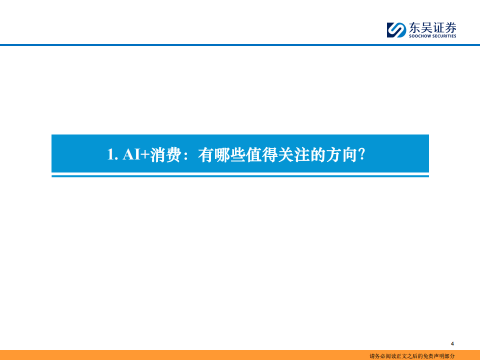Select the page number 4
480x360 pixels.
[x=452, y=343]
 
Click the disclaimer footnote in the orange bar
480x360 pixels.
[x=412, y=355]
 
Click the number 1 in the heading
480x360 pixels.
[x=110, y=154]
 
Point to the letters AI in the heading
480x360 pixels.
[x=131, y=154]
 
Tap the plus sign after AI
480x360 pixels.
[x=145, y=154]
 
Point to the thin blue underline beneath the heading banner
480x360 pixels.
[x=240, y=176]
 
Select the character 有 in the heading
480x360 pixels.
[x=205, y=154]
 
